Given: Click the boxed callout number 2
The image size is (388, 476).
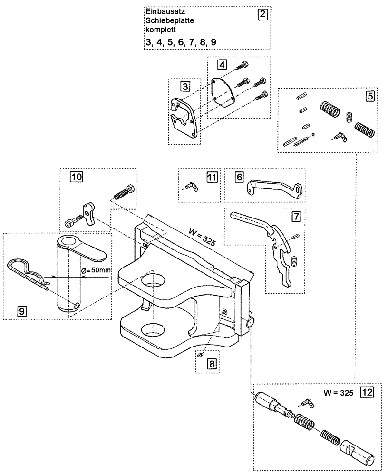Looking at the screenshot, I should click(262, 14).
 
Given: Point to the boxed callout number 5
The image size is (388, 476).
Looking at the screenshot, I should click(369, 95).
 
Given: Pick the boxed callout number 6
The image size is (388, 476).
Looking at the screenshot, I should click(239, 177).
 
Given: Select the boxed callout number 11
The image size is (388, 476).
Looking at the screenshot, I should click(211, 177).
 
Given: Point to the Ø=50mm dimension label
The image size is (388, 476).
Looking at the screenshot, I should click(97, 270).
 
